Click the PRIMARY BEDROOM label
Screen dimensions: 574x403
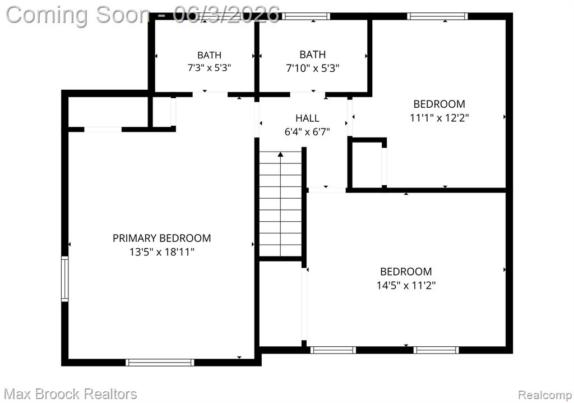(x=161, y=239)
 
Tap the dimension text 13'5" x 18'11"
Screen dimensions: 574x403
(x=161, y=252)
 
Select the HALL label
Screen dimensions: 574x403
(x=307, y=118)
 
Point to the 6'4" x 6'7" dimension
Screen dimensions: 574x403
(x=307, y=132)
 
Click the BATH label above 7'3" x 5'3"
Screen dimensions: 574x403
(x=209, y=55)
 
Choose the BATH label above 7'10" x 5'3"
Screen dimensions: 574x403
(x=313, y=54)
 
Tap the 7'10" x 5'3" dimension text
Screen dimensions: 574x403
(x=313, y=68)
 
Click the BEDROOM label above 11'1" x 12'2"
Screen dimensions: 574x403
(x=439, y=104)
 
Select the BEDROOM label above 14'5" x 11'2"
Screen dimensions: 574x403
(x=406, y=272)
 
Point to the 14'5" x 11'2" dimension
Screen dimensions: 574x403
(x=406, y=285)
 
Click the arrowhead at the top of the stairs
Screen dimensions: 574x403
(x=280, y=154)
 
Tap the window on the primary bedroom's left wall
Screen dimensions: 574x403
(x=65, y=279)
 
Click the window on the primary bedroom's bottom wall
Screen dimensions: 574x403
(x=160, y=362)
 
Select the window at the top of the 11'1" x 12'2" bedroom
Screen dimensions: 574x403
(x=437, y=16)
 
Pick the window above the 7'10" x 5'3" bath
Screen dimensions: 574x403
(x=306, y=16)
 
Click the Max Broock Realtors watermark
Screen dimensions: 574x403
(x=70, y=394)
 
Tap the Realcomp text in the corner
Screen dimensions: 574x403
(x=545, y=395)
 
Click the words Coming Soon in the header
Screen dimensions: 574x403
(x=78, y=15)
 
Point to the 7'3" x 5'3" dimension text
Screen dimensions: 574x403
(x=209, y=68)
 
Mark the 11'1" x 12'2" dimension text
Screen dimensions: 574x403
(x=439, y=118)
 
